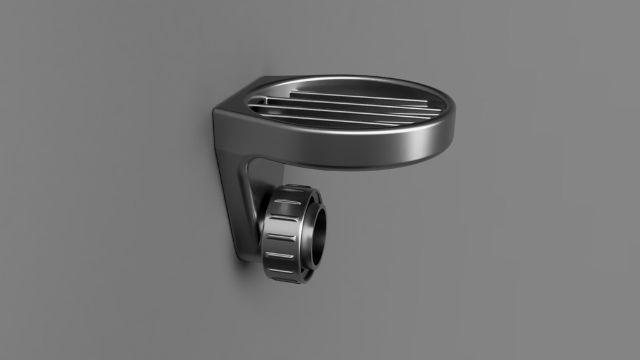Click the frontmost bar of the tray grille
click(325, 119)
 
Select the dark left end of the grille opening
click(255, 107)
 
